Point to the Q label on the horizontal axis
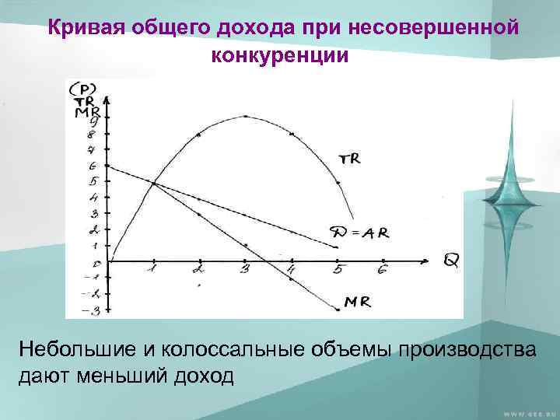[x=451, y=260]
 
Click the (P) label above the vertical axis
[x=82, y=88]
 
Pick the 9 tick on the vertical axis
[x=93, y=119]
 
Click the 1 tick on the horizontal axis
[x=152, y=270]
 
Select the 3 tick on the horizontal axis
[x=245, y=270]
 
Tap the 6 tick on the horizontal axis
[x=382, y=270]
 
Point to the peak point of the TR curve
[x=245, y=117]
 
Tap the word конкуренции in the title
[x=279, y=56]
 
